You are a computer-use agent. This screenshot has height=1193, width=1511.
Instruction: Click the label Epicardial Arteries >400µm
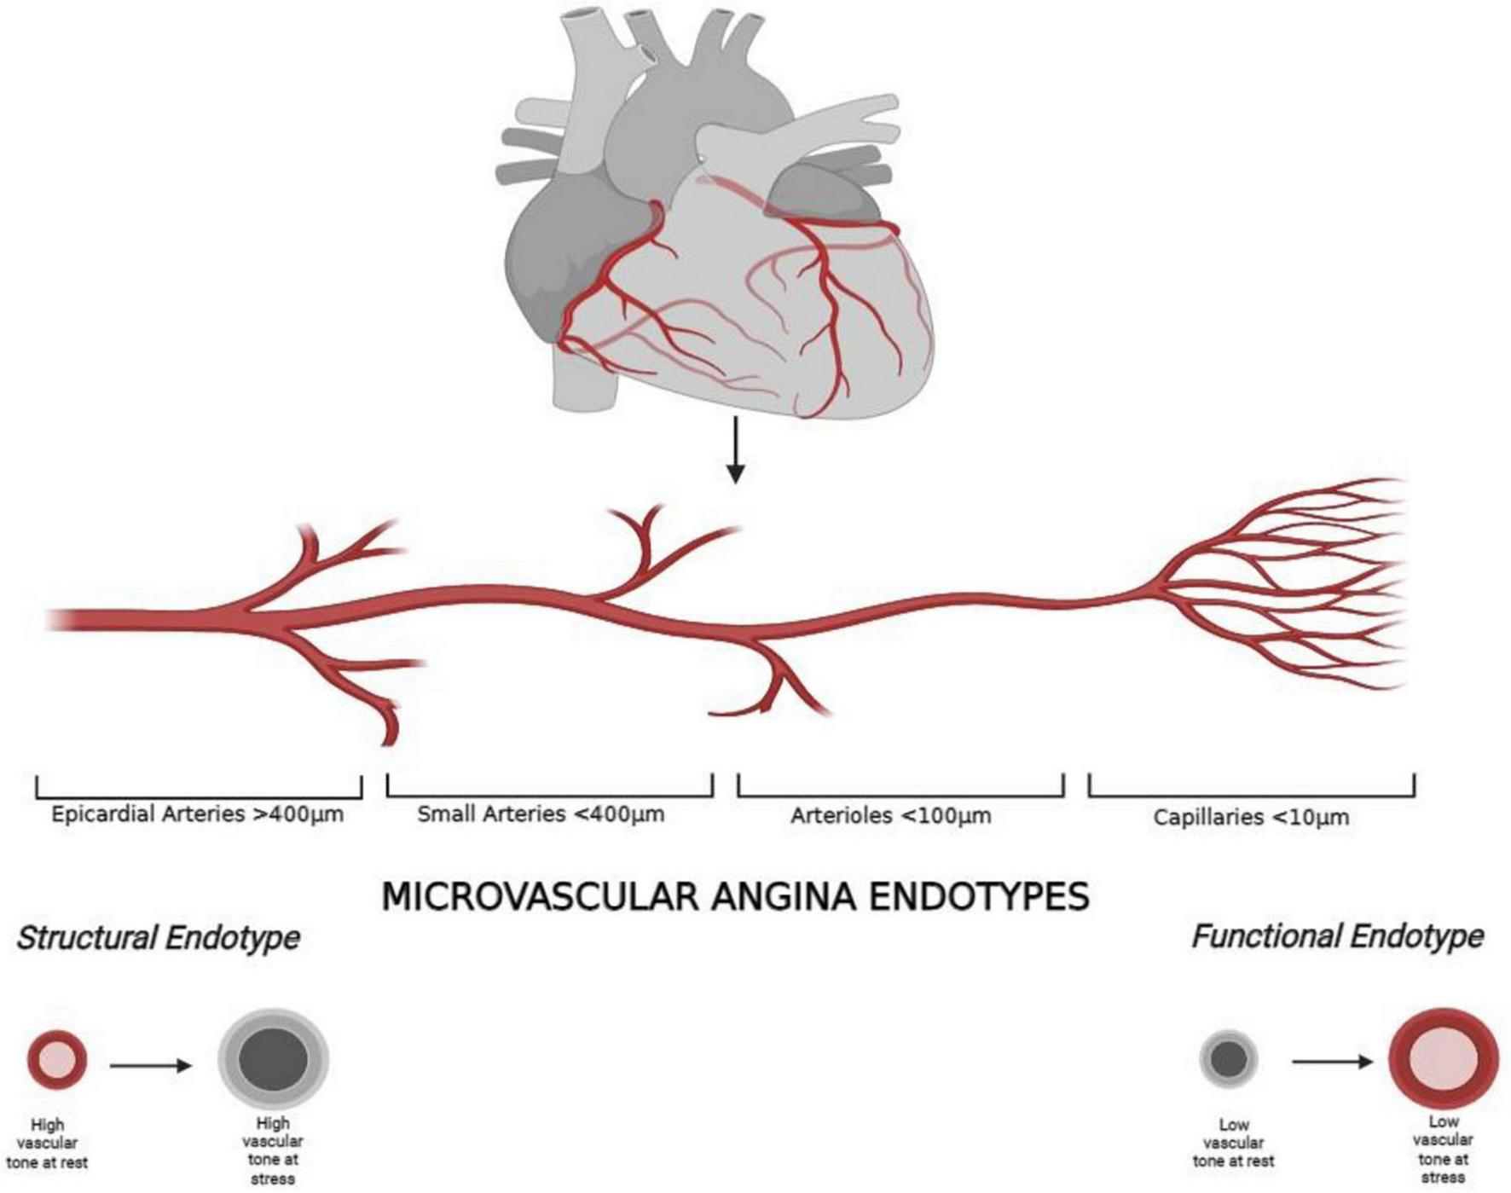[197, 814]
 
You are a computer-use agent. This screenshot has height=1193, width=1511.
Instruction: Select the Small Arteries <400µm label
[541, 814]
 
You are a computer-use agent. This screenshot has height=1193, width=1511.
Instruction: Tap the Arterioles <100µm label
[890, 816]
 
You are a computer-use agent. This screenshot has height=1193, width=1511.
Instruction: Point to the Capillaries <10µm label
[1251, 818]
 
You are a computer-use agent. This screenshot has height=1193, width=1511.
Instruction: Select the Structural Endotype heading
[158, 938]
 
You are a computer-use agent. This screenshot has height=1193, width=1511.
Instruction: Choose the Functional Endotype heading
[1336, 936]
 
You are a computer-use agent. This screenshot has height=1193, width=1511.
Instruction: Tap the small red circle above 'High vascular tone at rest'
[57, 1060]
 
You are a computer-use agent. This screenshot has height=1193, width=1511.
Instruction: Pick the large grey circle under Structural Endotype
[273, 1059]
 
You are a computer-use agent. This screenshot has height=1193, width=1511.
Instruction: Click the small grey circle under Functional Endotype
[1229, 1059]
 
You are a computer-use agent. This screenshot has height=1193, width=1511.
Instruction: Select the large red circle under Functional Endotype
[1443, 1059]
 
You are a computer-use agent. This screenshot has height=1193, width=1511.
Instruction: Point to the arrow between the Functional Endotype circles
[1332, 1062]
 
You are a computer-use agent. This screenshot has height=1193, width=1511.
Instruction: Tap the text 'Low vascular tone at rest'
[1233, 1143]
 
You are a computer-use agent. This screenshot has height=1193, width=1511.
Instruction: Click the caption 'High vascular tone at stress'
[273, 1151]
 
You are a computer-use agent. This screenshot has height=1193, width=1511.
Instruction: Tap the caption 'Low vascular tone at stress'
[1443, 1150]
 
